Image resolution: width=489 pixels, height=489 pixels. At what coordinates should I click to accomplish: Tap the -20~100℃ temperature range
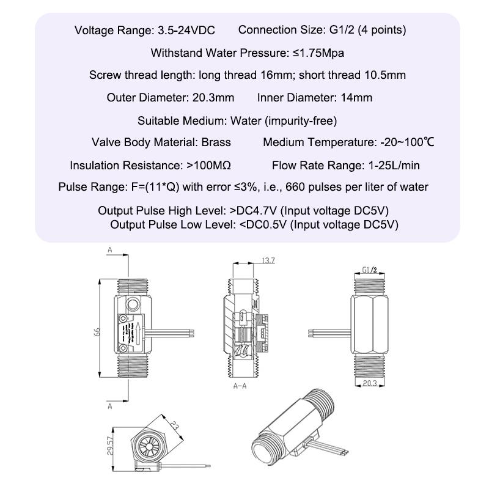point(405,142)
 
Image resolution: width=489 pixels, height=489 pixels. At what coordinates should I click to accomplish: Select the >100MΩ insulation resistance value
point(208,166)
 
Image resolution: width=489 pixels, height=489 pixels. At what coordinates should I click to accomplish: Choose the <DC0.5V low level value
point(263,225)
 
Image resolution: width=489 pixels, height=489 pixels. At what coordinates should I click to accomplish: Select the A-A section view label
point(241,386)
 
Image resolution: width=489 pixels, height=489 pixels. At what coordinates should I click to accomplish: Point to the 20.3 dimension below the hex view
point(369,383)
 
